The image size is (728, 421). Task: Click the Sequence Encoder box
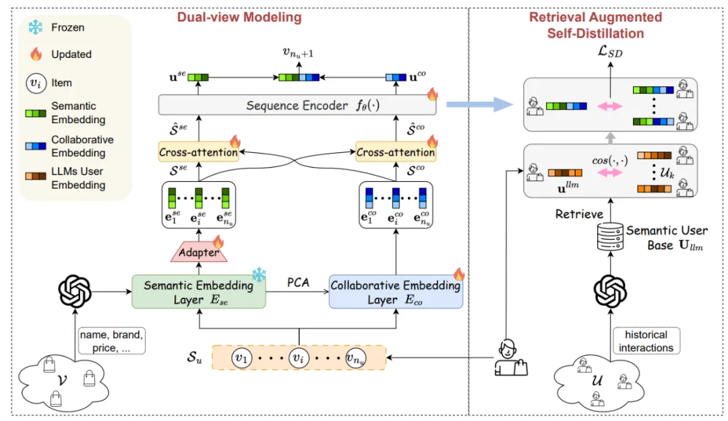[297, 105]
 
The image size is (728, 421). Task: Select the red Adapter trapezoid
[199, 252]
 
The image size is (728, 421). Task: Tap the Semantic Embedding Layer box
[199, 292]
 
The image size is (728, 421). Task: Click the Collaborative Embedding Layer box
[396, 292]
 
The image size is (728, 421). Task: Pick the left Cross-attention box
[199, 152]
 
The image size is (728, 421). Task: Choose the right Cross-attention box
[396, 152]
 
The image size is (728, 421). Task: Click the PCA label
[298, 282]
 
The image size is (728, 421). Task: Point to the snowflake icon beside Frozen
[36, 28]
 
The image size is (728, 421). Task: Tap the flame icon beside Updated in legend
[36, 54]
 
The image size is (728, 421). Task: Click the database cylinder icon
[610, 236]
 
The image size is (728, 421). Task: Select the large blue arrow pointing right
[480, 104]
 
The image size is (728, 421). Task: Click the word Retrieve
[579, 214]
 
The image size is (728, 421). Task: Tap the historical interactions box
[646, 341]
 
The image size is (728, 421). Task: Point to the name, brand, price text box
[111, 341]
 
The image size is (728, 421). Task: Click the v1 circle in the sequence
[241, 358]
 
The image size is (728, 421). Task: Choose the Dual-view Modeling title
[239, 17]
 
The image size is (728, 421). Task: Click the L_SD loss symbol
[610, 51]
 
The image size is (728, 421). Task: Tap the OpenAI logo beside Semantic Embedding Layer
[75, 292]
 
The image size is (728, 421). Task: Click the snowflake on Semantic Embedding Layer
[259, 275]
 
